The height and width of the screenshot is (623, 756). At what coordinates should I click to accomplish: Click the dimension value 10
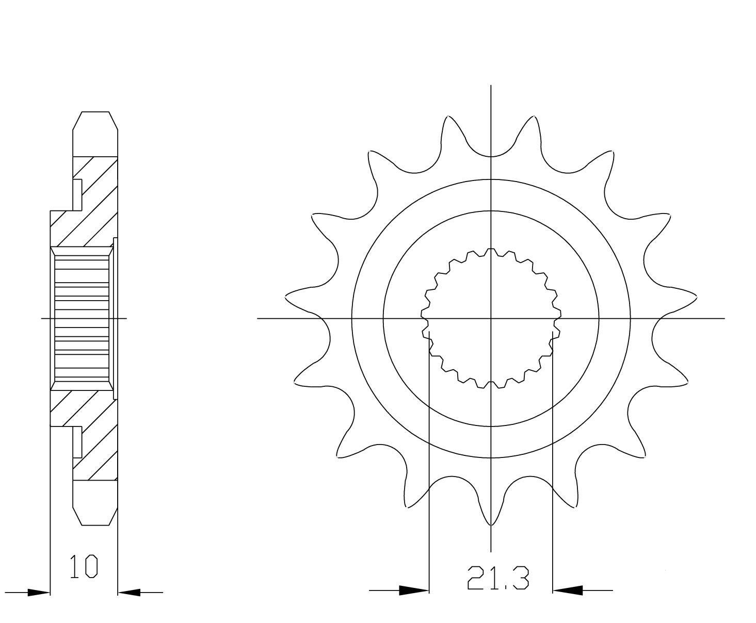tap(84, 567)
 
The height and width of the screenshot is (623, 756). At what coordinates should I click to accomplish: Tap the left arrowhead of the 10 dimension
tap(38, 593)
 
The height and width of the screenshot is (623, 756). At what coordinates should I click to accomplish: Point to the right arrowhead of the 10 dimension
tap(129, 593)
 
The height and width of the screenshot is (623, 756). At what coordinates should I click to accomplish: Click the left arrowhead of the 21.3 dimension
tap(414, 591)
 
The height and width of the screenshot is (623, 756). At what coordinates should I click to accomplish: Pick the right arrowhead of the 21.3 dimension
tap(568, 591)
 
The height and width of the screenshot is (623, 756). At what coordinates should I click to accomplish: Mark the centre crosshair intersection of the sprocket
tap(491, 318)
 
